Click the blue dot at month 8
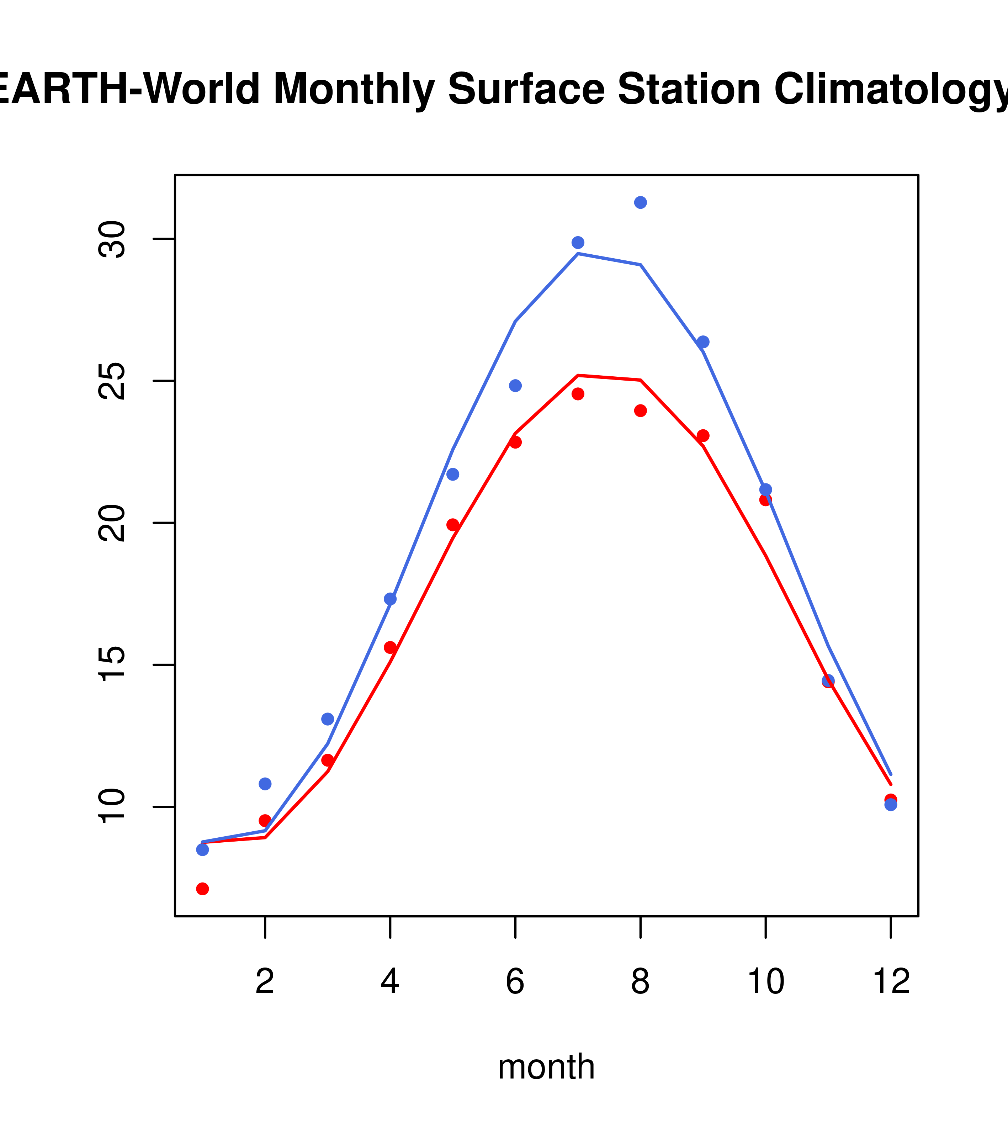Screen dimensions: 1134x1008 640,202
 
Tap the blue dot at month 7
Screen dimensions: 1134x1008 578,243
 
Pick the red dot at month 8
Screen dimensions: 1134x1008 640,410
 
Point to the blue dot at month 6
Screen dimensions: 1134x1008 515,386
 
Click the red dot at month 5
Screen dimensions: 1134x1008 453,525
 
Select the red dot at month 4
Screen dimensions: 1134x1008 390,647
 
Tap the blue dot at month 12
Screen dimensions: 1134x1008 890,805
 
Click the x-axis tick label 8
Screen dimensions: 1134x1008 640,982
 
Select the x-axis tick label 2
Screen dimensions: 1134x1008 265,982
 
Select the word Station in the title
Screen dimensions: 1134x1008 689,89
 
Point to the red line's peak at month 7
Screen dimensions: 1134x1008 578,376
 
